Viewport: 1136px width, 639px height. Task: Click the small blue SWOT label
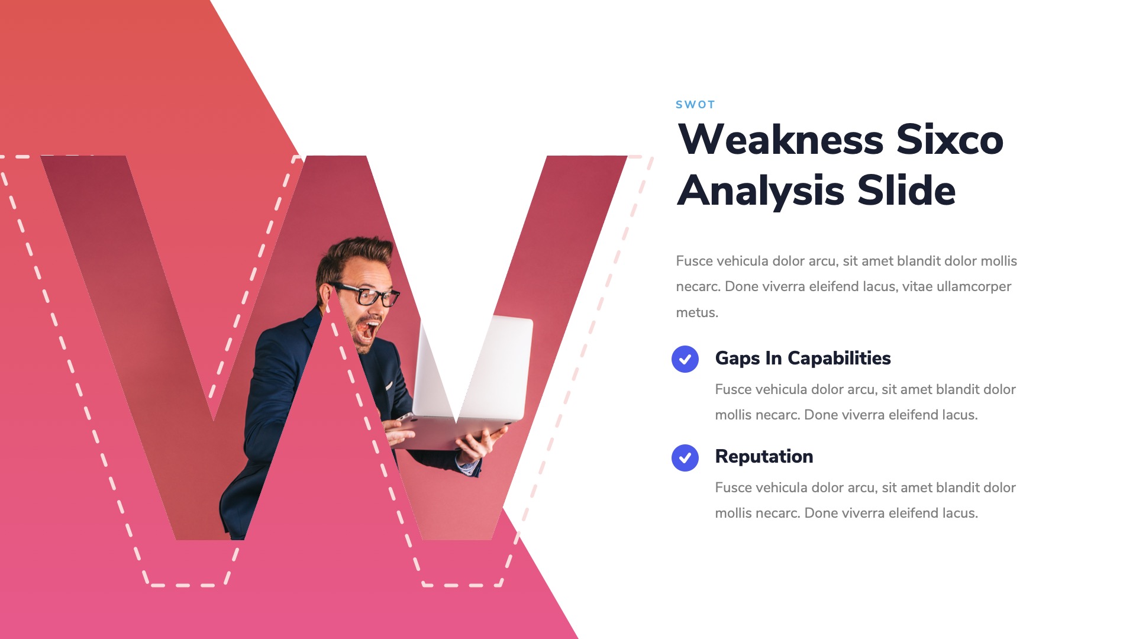pyautogui.click(x=695, y=105)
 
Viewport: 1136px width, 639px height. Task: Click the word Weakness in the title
pyautogui.click(x=781, y=140)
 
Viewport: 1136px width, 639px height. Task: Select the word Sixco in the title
pyautogui.click(x=950, y=140)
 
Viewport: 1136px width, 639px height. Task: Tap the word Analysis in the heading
pyautogui.click(x=761, y=191)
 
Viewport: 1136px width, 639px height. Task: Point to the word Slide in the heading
pyautogui.click(x=906, y=191)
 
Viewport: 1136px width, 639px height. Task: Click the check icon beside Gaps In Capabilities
pyautogui.click(x=685, y=359)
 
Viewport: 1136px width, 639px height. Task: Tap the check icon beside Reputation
pyautogui.click(x=685, y=458)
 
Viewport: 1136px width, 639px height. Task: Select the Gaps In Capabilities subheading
pyautogui.click(x=803, y=359)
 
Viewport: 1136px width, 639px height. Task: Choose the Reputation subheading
pyautogui.click(x=764, y=457)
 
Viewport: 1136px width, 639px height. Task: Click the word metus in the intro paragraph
pyautogui.click(x=697, y=313)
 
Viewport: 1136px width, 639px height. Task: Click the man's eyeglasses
pyautogui.click(x=367, y=293)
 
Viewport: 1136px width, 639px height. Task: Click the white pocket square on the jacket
pyautogui.click(x=389, y=386)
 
